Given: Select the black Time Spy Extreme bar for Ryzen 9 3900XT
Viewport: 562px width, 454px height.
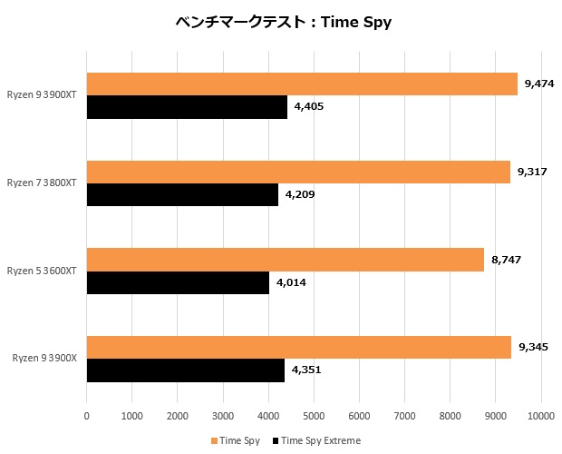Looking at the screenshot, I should coord(187,106).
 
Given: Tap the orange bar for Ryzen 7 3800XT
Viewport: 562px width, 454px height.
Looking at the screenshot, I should coord(298,172).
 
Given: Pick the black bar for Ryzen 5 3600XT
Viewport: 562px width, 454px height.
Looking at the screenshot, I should coord(178,282).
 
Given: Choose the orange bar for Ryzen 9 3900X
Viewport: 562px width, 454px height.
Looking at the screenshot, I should coord(298,347).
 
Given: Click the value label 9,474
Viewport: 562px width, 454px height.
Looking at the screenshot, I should coord(536,84).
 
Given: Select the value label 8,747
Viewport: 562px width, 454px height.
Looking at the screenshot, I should coord(506,260).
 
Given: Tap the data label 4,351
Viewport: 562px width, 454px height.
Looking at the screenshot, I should coord(307,370).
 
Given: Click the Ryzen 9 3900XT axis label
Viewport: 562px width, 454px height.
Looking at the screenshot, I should coord(42,94).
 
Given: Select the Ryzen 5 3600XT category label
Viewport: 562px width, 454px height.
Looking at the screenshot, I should coord(42,271).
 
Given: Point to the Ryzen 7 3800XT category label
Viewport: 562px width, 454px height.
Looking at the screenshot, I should coord(42,183).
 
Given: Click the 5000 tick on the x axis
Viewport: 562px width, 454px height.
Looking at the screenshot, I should coord(314,416).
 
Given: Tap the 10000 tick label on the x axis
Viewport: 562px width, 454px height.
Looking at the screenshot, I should coord(541,416).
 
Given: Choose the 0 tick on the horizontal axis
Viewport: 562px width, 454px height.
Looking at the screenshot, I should coord(86,416).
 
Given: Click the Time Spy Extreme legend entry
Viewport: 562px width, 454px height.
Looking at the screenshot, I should coord(320,440).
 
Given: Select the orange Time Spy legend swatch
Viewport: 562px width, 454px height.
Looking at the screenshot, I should coord(214,440).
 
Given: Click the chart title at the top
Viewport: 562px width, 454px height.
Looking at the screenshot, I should coord(283,21).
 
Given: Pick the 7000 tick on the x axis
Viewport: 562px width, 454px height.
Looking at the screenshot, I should coord(404,416).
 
